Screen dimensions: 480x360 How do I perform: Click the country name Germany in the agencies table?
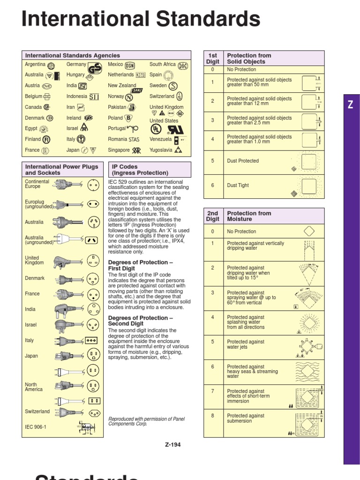coord(76,64)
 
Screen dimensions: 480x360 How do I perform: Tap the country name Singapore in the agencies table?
coord(119,150)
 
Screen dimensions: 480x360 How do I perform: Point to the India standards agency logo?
coord(83,86)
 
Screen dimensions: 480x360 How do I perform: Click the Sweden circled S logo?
coord(173,86)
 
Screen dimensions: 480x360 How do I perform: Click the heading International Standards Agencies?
coord(73,55)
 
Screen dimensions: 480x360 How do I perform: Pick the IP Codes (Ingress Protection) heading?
coord(140,170)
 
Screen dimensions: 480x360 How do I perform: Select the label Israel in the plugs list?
coord(31,324)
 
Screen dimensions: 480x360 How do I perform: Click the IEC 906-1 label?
coord(36,427)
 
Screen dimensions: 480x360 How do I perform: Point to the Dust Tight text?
coord(238,185)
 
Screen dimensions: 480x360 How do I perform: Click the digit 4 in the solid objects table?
coord(212,139)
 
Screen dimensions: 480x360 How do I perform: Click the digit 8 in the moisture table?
coord(212,416)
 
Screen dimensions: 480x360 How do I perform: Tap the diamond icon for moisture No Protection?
coord(308,231)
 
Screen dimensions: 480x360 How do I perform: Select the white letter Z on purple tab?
coord(351,105)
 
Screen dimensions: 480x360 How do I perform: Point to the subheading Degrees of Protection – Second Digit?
coord(141,321)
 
